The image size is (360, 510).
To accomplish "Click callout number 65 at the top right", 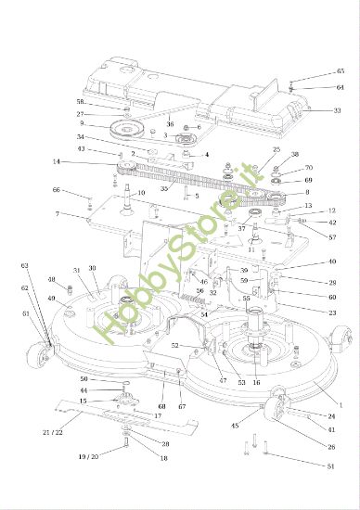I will point(341,71).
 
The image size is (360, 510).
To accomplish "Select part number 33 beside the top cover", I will point(337,109).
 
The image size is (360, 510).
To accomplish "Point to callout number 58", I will point(81,102).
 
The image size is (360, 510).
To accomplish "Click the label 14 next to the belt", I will point(56,161).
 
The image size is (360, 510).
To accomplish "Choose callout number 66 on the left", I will point(57,190).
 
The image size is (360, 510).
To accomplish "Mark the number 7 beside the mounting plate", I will point(57,214).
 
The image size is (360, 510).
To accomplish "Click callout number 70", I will point(308,169).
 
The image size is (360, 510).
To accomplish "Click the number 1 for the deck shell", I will point(341,405).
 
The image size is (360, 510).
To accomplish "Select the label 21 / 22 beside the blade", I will point(53,433).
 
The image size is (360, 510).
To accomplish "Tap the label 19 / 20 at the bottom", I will point(89,457).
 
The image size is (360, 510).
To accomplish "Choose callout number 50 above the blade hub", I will point(84,379).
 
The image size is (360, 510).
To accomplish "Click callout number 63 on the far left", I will point(25,265).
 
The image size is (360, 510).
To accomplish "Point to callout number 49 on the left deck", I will point(52,299).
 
